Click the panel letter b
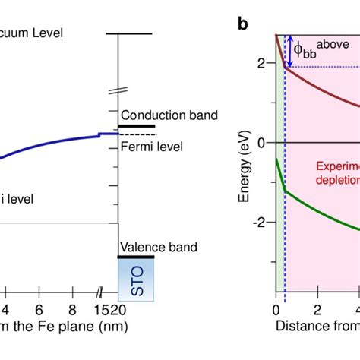tap(243, 24)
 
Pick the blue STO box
tap(136, 277)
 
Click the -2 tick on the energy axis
tap(260, 222)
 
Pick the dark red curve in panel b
tap(319, 86)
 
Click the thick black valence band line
tap(136, 257)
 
